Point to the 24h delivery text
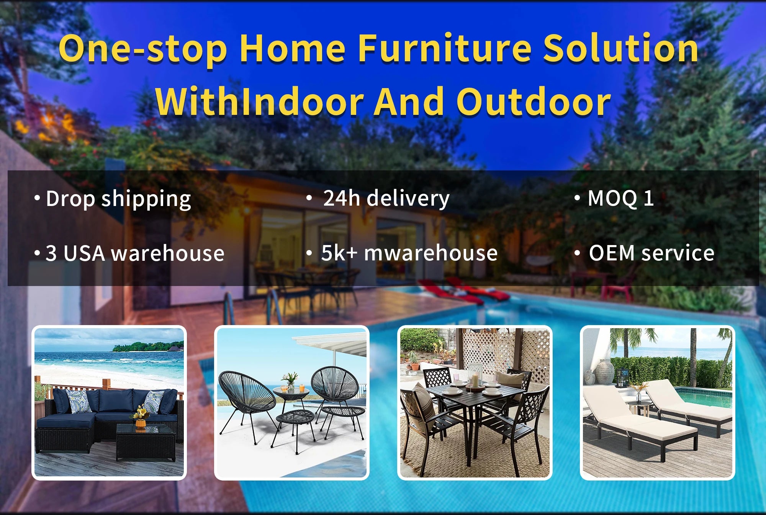point(386,198)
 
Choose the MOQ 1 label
point(620,198)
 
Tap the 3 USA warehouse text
point(135,253)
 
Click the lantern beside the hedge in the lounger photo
point(622,377)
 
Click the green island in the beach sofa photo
point(147,347)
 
